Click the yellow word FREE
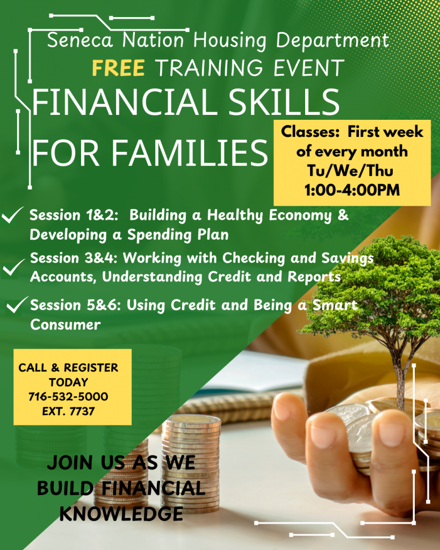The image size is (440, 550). (118, 68)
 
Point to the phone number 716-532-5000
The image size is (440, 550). (68, 397)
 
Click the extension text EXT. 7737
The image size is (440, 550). (68, 411)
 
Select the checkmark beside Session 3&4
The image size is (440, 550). (12, 266)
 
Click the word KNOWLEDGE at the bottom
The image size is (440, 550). (121, 513)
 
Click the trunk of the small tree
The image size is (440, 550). (400, 376)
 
